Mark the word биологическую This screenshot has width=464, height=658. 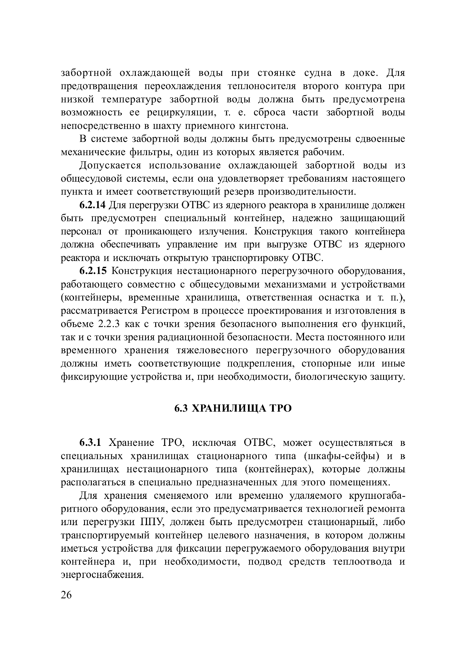330,377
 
